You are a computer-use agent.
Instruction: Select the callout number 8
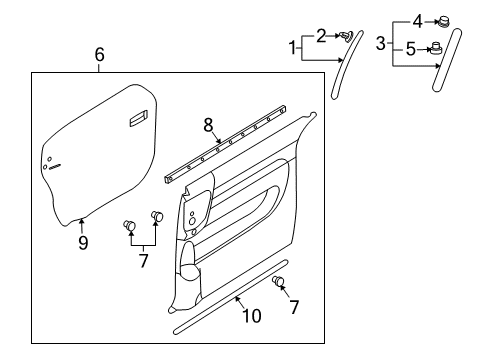click(209, 125)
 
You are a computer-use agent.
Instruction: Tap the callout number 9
click(83, 241)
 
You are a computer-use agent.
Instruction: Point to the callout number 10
click(251, 316)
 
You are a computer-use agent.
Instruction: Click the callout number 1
click(293, 47)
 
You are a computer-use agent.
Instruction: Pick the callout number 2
click(321, 36)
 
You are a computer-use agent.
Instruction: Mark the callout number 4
click(417, 19)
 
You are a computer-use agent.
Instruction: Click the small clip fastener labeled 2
click(345, 37)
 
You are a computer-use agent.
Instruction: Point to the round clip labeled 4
click(443, 19)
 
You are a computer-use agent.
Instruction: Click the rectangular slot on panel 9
click(136, 120)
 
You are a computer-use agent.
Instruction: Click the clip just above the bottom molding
click(279, 282)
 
